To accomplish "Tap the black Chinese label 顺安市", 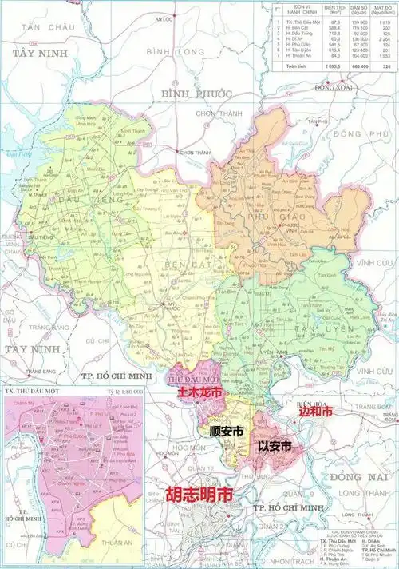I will click(x=226, y=430).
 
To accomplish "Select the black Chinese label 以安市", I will click(x=274, y=446).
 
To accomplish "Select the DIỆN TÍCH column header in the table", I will click(x=324, y=12).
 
